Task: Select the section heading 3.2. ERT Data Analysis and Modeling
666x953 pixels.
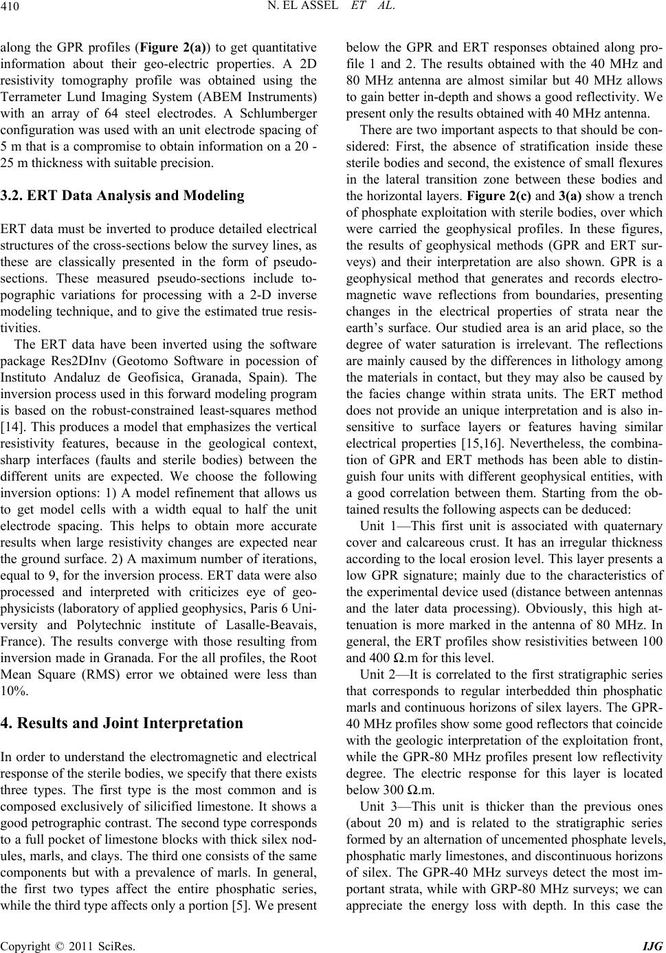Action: [123, 195]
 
